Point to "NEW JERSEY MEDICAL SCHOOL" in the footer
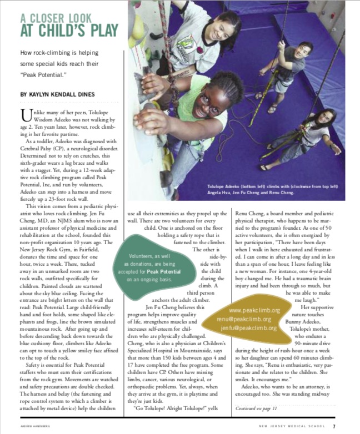pos(294,426)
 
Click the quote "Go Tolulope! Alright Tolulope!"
pos(177,408)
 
